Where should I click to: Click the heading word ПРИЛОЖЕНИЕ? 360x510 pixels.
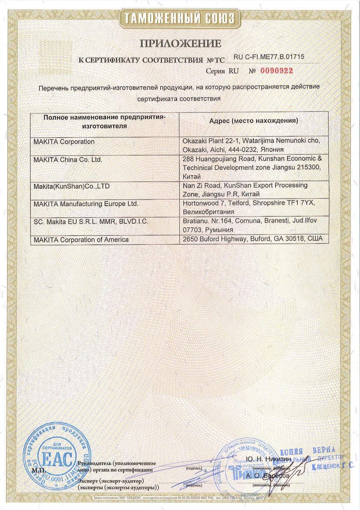[180, 43]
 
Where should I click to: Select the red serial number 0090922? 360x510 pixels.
[277, 70]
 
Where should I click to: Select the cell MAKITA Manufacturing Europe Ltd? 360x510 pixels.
[86, 204]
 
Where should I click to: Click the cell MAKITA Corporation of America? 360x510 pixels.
[81, 239]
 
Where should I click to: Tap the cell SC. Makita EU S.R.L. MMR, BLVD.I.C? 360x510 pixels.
[91, 222]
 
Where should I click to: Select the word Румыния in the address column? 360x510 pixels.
[219, 229]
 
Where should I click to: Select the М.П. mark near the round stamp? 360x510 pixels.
[39, 470]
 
